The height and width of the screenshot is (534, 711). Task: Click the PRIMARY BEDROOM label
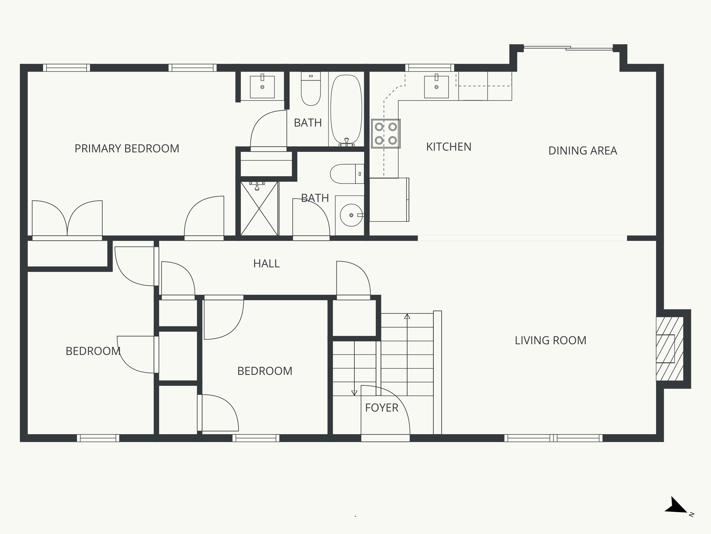pos(127,149)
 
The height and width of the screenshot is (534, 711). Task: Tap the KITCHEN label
pos(449,147)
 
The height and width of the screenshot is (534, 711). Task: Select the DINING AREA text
pos(583,151)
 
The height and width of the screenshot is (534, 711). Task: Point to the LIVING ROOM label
pos(550,340)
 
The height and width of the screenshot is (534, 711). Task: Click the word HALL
pos(266,264)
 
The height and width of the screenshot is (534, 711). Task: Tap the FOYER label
pos(382,408)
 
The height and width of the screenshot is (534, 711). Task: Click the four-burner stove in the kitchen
pos(386,133)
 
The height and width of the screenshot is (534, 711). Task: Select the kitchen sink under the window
pos(436,87)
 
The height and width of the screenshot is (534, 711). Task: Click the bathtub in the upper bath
pos(346,110)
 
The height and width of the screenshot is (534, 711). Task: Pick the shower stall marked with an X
pos(259,208)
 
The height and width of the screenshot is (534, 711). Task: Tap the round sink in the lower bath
pos(351,215)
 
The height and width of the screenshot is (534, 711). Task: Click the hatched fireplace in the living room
pos(669,349)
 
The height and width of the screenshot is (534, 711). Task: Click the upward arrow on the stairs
pos(407,317)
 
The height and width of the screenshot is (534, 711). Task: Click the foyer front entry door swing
pos(385,410)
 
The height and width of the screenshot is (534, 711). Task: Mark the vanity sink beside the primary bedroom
pos(262,87)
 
